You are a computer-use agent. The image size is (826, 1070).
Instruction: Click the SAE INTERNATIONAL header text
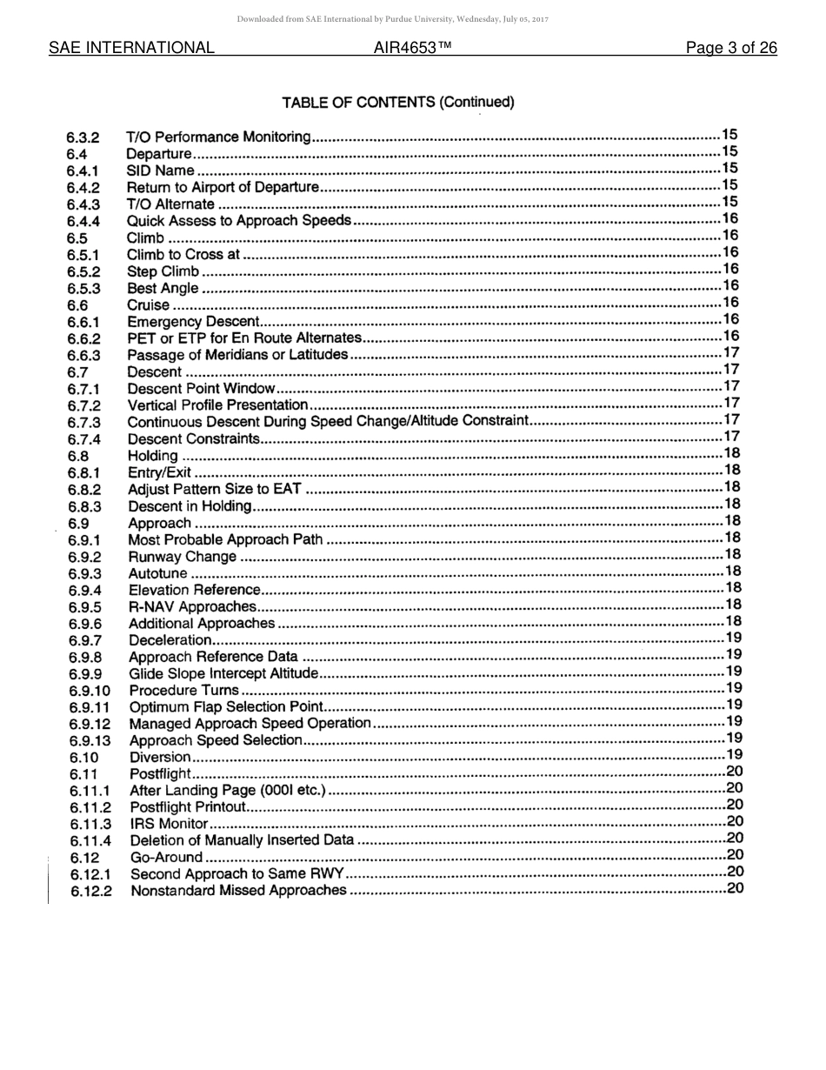point(131,48)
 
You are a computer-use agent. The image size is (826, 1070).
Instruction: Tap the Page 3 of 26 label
point(731,48)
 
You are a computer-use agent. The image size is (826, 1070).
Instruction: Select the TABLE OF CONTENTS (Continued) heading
point(398,103)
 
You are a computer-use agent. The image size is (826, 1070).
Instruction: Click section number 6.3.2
point(83,137)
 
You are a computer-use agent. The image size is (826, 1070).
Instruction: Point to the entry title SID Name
point(161,171)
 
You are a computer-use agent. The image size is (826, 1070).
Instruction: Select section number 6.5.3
point(83,289)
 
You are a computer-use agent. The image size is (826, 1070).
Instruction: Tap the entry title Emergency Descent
point(194,322)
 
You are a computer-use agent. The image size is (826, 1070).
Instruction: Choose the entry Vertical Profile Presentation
point(218,405)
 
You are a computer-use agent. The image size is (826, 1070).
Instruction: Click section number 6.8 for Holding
point(78,456)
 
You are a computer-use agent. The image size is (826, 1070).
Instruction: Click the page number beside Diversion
point(734,755)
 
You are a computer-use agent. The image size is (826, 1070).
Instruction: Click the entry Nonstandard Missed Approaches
point(238,891)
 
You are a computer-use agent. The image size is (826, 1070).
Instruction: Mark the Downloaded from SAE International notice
point(392,19)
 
